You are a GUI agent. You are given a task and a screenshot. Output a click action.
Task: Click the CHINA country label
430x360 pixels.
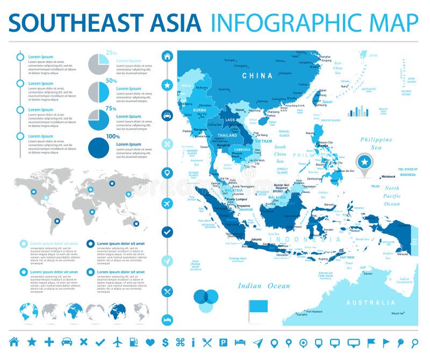tap(257, 76)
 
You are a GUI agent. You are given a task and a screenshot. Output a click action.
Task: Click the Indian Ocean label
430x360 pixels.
tap(264, 286)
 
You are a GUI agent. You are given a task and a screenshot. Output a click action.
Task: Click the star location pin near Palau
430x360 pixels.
tap(364, 161)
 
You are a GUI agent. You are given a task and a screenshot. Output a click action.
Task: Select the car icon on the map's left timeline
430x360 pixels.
tap(167, 114)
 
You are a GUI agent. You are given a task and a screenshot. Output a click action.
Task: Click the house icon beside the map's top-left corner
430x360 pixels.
tap(167, 56)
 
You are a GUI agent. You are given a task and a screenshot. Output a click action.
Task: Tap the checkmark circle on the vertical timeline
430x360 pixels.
tap(167, 232)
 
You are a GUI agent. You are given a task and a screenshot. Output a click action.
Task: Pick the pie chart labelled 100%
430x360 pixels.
tap(98, 147)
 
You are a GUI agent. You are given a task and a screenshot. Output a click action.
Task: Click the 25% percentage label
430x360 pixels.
tap(111, 53)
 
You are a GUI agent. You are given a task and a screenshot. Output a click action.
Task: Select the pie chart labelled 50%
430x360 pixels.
tap(98, 91)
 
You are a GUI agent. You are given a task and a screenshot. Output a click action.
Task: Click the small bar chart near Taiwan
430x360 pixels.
tap(358, 111)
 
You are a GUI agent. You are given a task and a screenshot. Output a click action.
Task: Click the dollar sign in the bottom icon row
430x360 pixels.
tap(165, 342)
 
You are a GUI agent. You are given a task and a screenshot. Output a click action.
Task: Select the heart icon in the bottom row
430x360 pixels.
tap(150, 342)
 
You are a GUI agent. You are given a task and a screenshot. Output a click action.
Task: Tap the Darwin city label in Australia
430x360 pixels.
tap(368, 273)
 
